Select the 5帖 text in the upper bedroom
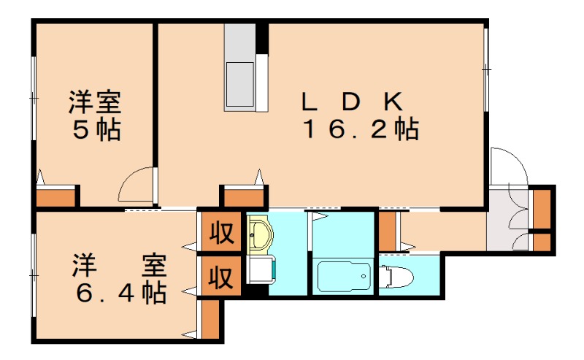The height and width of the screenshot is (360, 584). tap(96, 129)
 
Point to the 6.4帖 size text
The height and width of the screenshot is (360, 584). tap(120, 292)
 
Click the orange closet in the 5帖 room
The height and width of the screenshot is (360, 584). tap(57, 197)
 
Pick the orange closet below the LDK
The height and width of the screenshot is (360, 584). tap(244, 197)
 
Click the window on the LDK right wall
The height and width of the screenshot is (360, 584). tap(485, 69)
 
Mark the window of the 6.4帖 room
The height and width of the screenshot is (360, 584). tap(34, 275)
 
